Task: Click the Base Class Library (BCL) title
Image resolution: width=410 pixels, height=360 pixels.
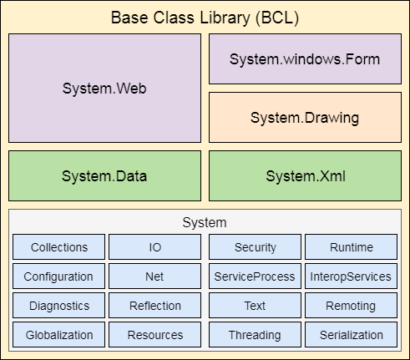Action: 205,18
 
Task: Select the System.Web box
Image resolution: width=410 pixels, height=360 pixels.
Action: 104,88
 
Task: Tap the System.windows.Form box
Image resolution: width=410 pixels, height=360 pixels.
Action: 304,59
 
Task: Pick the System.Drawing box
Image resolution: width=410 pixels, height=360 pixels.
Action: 304,117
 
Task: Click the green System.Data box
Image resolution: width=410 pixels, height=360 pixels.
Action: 104,175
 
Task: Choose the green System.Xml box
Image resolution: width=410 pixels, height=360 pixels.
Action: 304,175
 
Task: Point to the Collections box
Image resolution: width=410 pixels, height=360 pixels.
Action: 59,247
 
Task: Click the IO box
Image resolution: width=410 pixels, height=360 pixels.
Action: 155,247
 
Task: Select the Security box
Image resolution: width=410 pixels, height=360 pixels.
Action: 255,247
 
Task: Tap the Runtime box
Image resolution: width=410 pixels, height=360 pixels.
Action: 351,247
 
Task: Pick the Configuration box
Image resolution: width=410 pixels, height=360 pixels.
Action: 59,276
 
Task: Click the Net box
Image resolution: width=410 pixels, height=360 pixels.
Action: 155,276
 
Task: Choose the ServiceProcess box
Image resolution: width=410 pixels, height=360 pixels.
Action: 255,276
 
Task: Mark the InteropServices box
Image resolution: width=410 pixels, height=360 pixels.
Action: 351,276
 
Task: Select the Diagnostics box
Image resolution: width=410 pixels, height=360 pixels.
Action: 59,306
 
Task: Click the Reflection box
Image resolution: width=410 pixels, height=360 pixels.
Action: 155,306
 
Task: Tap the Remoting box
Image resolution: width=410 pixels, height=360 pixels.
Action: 351,306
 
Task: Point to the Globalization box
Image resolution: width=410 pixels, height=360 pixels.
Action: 59,335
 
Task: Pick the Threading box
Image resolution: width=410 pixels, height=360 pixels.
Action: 255,335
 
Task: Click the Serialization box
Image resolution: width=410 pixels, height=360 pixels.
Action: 351,335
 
